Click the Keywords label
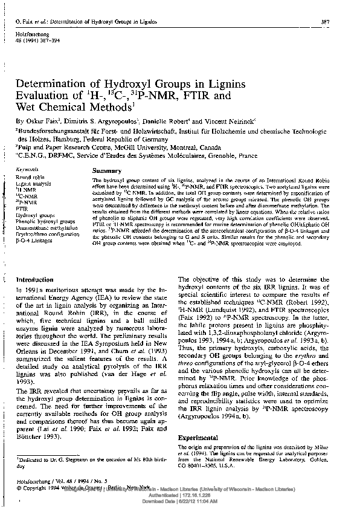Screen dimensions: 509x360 coord(28,171)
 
